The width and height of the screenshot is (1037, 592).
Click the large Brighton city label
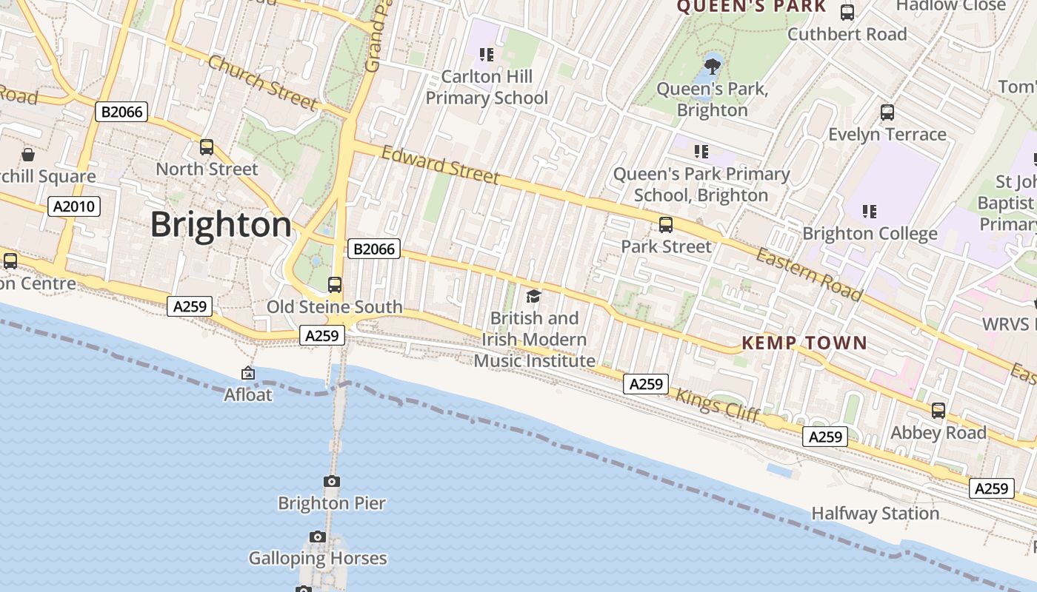[221, 225]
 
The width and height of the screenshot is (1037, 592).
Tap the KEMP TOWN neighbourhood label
[804, 343]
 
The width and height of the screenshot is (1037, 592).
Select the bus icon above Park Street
[666, 225]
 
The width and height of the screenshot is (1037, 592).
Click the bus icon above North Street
[207, 147]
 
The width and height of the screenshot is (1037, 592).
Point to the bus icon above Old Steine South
[335, 285]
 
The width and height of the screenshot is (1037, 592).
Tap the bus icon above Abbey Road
[938, 411]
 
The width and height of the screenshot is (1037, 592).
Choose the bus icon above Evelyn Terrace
[887, 112]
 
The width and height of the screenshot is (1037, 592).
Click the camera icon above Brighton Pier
[332, 482]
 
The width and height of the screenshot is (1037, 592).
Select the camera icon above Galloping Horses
[318, 536]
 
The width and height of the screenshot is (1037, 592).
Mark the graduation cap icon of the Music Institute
[533, 297]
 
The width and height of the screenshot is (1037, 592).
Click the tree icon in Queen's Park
[713, 67]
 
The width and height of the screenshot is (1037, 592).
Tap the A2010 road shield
[74, 206]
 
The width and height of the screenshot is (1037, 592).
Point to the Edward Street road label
[440, 164]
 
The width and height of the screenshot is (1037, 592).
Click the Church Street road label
[262, 82]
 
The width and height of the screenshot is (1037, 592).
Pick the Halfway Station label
[875, 514]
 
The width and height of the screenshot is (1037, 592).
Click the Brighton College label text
[870, 234]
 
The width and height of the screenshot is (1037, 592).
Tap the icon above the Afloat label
[248, 374]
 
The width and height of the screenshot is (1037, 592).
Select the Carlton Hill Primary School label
[487, 87]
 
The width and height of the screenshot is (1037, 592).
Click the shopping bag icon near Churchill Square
[28, 155]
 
